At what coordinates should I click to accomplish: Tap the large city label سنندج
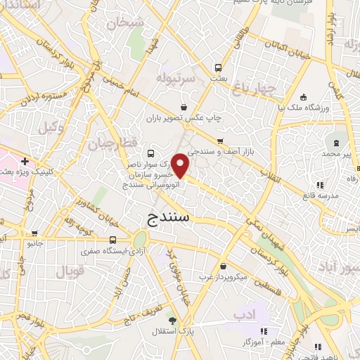169,218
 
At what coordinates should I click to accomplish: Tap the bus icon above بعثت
219,68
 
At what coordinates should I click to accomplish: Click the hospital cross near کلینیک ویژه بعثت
25,161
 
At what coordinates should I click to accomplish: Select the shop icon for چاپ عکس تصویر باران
184,106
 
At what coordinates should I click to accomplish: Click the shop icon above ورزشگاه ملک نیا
303,97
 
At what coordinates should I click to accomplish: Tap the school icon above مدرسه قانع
320,185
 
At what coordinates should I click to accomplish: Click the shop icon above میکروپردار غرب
224,266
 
